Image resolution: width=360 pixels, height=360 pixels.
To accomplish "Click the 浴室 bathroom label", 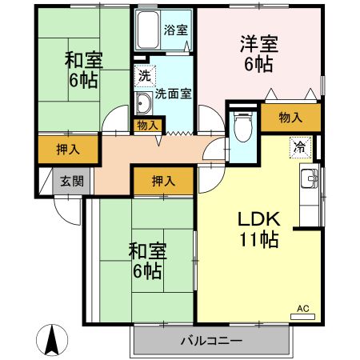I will pyautogui.click(x=175, y=30).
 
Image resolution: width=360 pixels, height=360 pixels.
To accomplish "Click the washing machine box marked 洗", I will pyautogui.click(x=144, y=78).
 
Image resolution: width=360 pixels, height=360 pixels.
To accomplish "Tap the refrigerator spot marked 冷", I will pyautogui.click(x=299, y=147).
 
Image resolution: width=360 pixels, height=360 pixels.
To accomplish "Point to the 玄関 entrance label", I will pyautogui.click(x=66, y=182).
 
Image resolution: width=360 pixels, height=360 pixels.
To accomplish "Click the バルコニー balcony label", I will pyautogui.click(x=211, y=340).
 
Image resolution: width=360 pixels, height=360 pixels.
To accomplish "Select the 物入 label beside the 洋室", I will pyautogui.click(x=291, y=118).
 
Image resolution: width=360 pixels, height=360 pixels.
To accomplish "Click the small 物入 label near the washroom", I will pyautogui.click(x=146, y=125).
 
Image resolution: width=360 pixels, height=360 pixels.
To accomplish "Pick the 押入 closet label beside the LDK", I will pyautogui.click(x=163, y=182).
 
